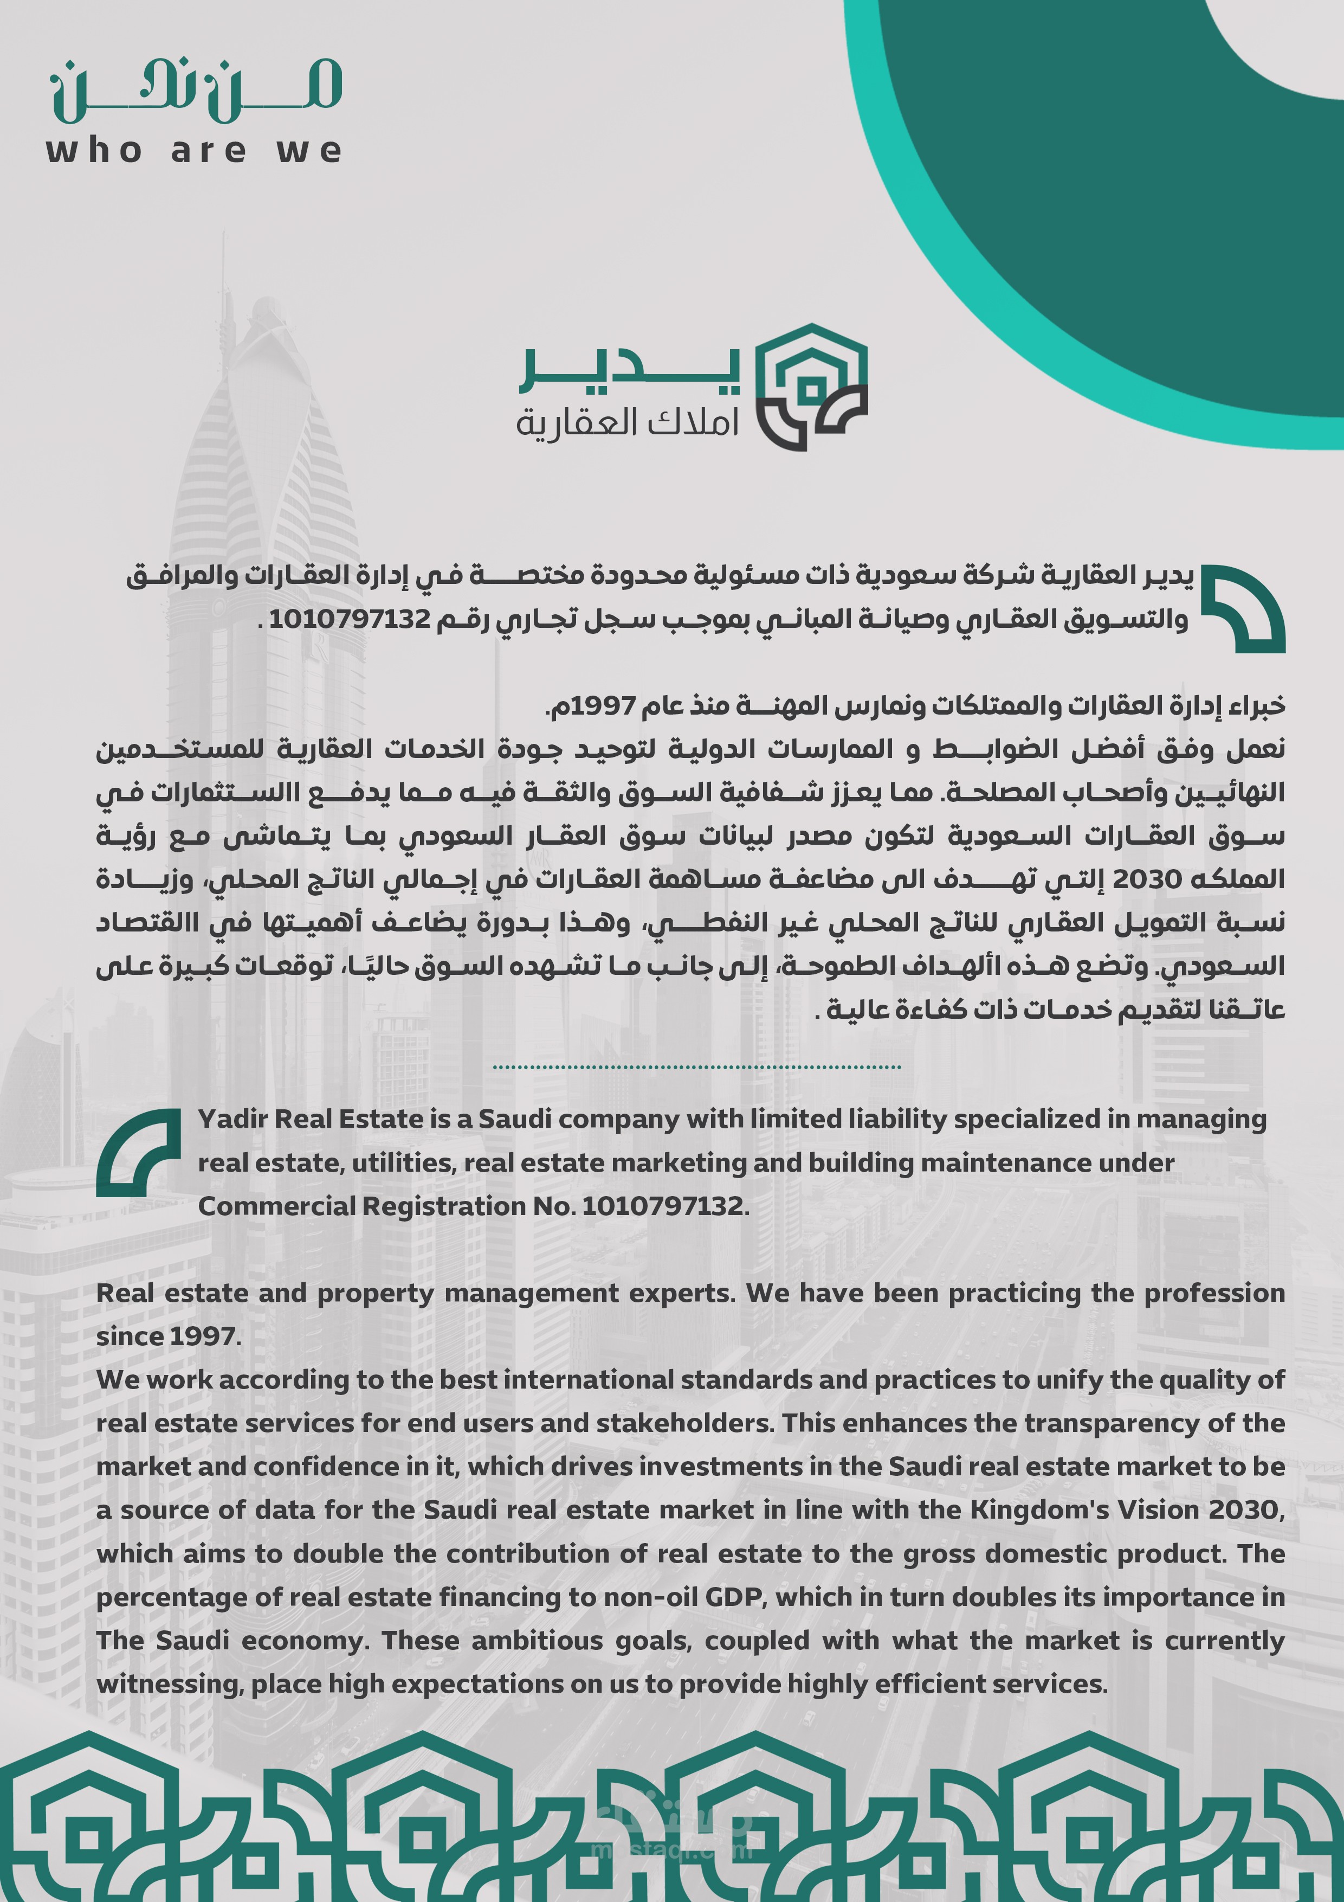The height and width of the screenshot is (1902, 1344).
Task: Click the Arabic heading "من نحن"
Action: coord(196,91)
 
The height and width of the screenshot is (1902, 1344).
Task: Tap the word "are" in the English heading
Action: coord(209,152)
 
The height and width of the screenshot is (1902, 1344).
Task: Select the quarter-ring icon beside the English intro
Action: coord(138,1152)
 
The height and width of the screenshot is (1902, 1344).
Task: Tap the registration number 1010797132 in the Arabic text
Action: coord(350,618)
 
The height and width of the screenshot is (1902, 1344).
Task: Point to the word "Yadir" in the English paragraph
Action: coord(232,1119)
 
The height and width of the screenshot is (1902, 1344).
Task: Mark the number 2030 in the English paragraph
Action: coord(1245,1510)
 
